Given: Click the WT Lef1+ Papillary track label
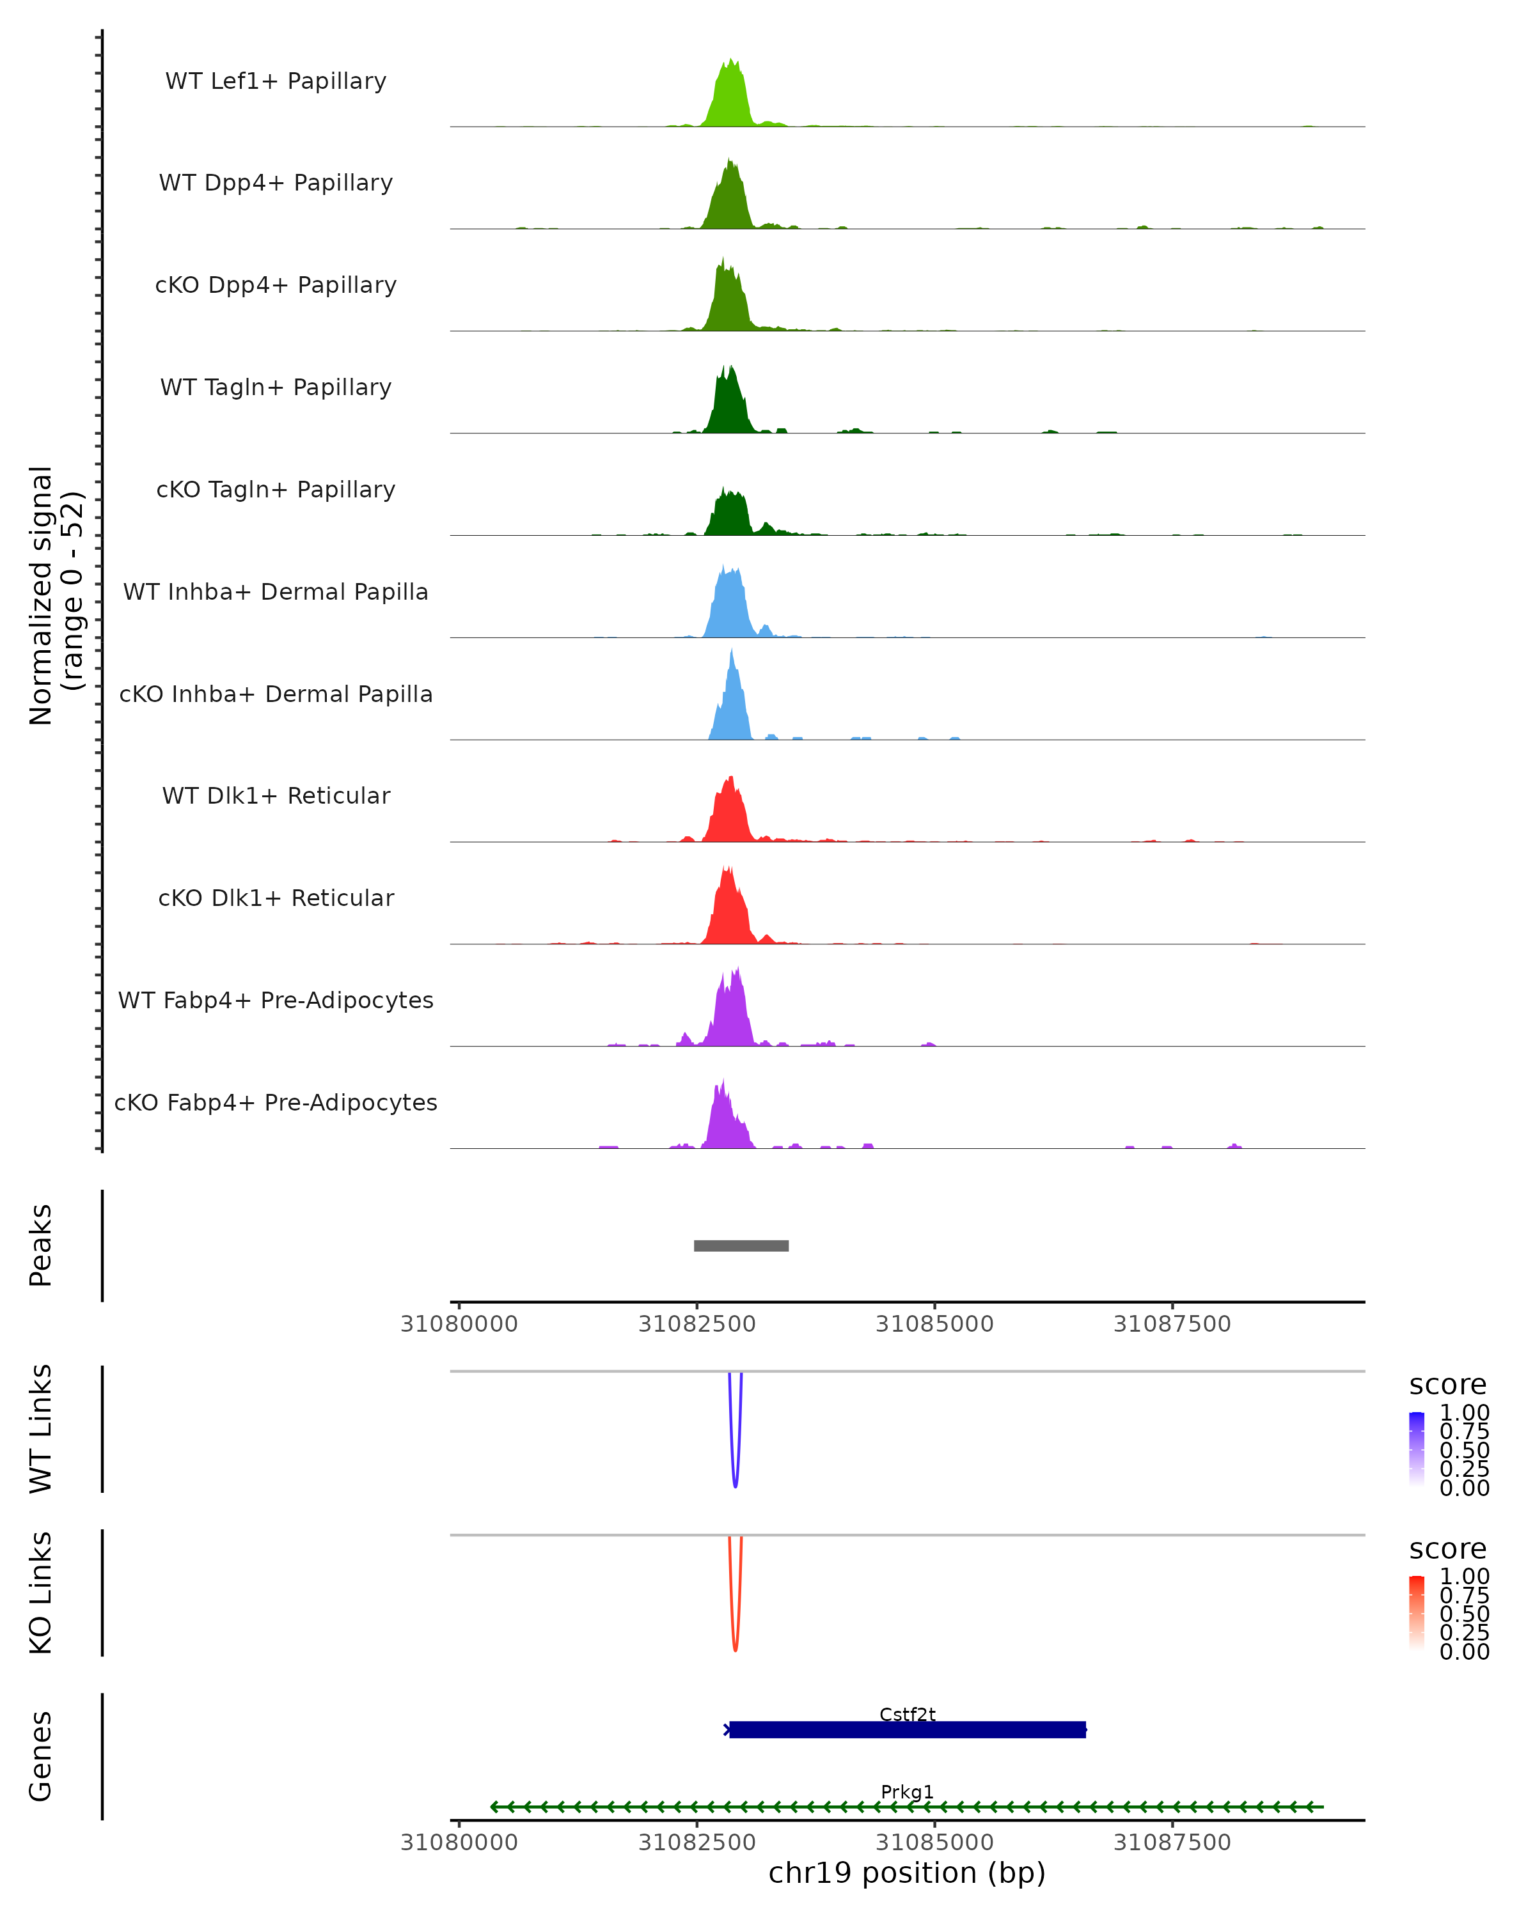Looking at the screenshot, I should pyautogui.click(x=276, y=81).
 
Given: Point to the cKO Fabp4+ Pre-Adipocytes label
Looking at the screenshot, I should pyautogui.click(x=276, y=1102).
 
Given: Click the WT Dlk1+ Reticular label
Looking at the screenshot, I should pyautogui.click(x=276, y=795).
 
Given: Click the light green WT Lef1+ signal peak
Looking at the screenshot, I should pyautogui.click(x=730, y=98).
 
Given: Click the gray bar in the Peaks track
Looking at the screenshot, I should pyautogui.click(x=741, y=1245).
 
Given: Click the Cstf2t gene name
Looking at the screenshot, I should pyautogui.click(x=908, y=1714).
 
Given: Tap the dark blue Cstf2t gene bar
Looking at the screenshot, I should pyautogui.click(x=908, y=1730).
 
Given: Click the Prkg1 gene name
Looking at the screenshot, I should pyautogui.click(x=908, y=1791).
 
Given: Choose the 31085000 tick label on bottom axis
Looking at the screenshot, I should pyautogui.click(x=934, y=1843).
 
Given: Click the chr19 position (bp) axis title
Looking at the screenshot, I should pyautogui.click(x=907, y=1873).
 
